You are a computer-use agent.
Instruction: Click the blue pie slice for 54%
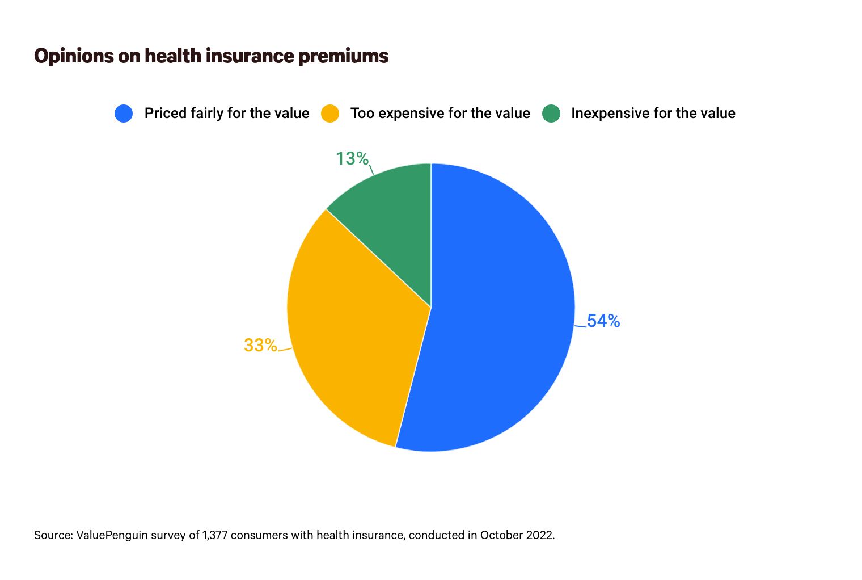pos(499,318)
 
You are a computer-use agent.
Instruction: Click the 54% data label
pos(603,321)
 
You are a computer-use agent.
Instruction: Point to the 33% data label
pos(260,345)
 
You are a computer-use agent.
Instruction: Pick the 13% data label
pos(352,158)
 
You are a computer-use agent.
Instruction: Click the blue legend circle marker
pos(124,114)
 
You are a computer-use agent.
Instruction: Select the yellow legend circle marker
pos(330,114)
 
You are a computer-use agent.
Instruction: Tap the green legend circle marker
pos(551,114)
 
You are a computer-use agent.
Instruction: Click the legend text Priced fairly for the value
pos(227,114)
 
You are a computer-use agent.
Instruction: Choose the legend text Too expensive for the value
pos(440,114)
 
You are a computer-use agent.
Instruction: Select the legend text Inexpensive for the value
pos(653,114)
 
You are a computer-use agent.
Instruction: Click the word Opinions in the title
pos(74,56)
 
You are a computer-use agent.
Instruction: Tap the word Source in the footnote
pos(52,535)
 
